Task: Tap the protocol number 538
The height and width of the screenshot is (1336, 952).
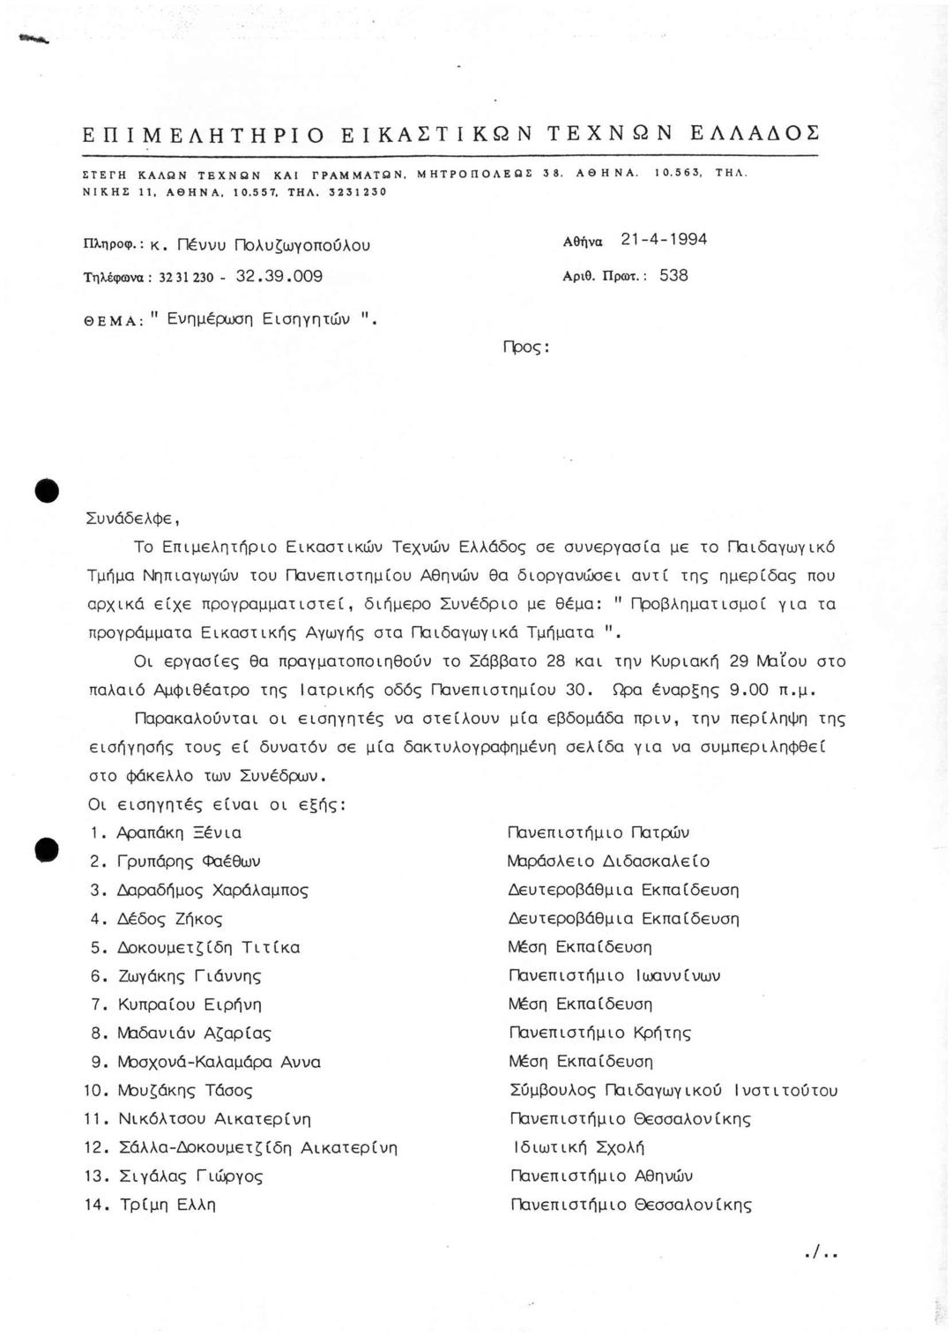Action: (673, 275)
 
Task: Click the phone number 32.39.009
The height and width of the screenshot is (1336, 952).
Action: (287, 276)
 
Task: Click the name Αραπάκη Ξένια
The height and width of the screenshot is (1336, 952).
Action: (179, 832)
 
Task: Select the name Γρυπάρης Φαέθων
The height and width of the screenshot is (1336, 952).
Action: (189, 862)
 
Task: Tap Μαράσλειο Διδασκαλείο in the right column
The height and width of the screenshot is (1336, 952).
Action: (609, 862)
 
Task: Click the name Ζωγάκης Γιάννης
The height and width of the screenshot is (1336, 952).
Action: (190, 976)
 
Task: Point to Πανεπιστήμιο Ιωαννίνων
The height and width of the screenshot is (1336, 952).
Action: (615, 976)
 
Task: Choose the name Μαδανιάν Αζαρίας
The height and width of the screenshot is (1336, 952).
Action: (194, 1034)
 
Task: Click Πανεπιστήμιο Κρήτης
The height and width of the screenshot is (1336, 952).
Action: (600, 1033)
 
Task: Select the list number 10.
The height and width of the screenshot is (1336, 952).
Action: (95, 1091)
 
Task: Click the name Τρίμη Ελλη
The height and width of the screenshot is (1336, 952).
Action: (167, 1205)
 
